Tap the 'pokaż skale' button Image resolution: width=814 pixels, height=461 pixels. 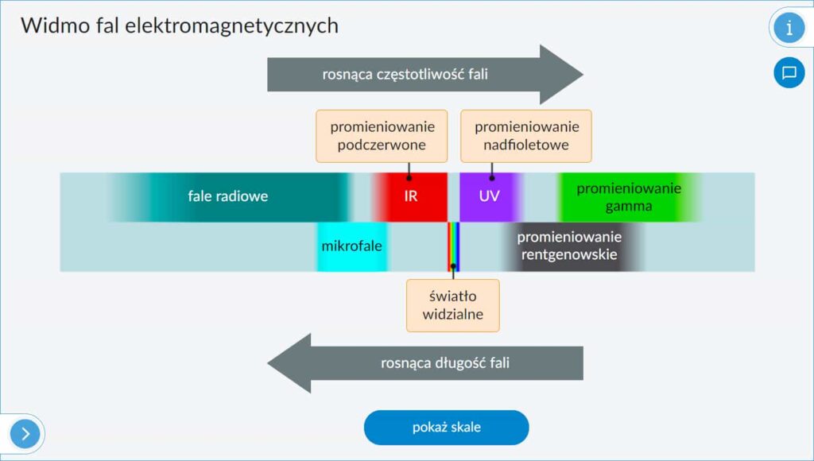(x=446, y=428)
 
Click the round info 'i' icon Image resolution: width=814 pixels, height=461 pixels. (x=789, y=28)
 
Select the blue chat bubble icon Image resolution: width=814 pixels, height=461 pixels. (x=789, y=73)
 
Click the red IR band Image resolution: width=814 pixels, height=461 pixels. (x=410, y=196)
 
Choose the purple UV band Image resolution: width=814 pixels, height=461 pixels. (x=489, y=196)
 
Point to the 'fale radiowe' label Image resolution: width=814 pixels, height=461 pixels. (x=228, y=196)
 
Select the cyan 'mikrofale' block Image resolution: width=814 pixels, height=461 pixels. (x=351, y=246)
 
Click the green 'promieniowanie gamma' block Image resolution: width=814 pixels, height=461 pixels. (x=629, y=197)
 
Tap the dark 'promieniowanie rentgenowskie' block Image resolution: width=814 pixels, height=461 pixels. (x=569, y=246)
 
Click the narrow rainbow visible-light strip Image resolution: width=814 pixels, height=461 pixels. (x=453, y=246)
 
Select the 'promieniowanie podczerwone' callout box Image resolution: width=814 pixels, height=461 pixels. (x=382, y=136)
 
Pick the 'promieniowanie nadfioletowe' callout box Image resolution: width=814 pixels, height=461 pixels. (x=526, y=136)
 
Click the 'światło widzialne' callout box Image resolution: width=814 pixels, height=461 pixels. (x=453, y=305)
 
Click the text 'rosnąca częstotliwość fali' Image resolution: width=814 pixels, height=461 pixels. (x=405, y=76)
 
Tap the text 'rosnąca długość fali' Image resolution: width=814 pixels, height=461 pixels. (x=445, y=364)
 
